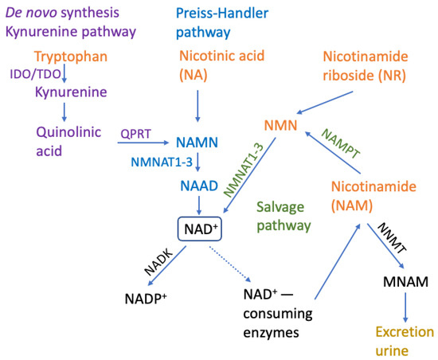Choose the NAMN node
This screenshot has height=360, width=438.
tap(196, 143)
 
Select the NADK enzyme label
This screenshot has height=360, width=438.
tap(157, 263)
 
